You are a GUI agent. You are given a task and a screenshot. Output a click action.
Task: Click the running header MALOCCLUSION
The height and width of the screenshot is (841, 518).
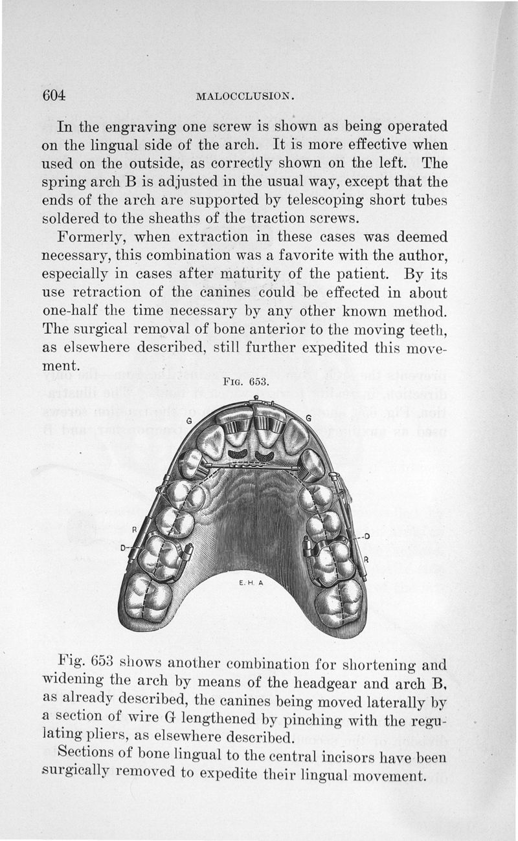(x=245, y=97)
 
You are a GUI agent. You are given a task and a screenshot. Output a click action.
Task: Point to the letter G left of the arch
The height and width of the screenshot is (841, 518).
(x=189, y=420)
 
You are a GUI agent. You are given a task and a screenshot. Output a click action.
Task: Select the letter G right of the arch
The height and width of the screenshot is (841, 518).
(x=309, y=419)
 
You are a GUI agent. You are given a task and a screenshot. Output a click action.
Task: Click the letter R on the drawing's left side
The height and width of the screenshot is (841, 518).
(x=135, y=529)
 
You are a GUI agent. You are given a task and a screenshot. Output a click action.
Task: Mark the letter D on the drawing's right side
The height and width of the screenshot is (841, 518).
(x=366, y=536)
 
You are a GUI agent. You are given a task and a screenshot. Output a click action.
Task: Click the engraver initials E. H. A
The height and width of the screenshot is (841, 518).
(x=249, y=582)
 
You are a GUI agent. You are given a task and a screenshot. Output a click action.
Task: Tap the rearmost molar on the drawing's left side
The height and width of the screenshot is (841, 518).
(x=147, y=596)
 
